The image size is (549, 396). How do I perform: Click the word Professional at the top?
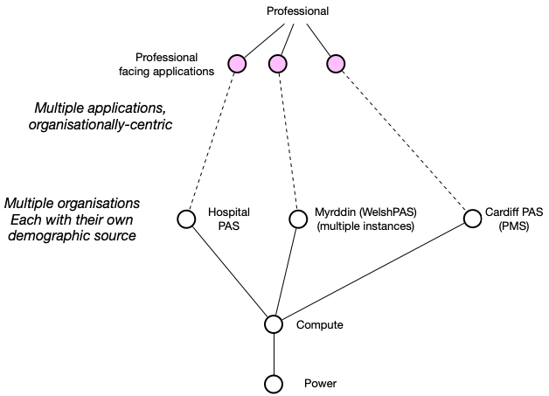click(x=297, y=11)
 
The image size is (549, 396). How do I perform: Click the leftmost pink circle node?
click(x=237, y=63)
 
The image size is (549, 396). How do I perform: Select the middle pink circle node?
click(x=278, y=63)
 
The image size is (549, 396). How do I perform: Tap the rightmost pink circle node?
click(x=336, y=63)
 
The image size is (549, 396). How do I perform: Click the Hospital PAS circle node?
click(x=186, y=219)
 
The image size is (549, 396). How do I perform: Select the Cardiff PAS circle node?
click(x=471, y=219)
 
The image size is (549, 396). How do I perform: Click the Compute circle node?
click(x=274, y=324)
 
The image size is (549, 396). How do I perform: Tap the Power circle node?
click(x=274, y=384)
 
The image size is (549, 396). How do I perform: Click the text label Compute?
click(x=320, y=325)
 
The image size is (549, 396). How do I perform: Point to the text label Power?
click(x=319, y=384)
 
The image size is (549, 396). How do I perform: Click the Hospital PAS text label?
click(x=228, y=219)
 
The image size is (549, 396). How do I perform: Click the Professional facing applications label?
click(x=174, y=65)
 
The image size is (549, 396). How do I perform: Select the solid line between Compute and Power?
click(x=274, y=354)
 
